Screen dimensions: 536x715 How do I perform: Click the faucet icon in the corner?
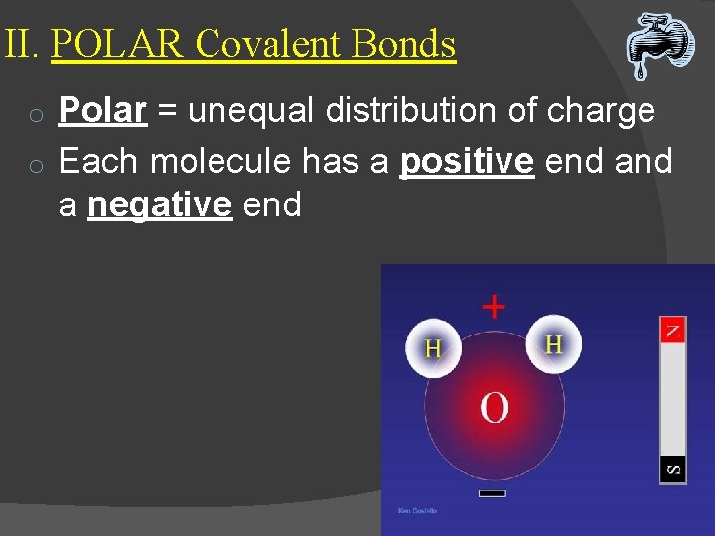(659, 45)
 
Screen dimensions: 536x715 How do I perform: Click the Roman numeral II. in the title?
(23, 45)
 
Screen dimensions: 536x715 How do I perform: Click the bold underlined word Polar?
(102, 111)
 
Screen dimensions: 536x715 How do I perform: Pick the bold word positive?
(466, 160)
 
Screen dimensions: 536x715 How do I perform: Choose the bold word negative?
(160, 205)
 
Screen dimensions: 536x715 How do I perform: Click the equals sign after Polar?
(167, 112)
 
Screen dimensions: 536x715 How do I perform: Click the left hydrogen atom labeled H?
(433, 348)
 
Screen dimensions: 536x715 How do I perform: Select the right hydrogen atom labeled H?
(553, 343)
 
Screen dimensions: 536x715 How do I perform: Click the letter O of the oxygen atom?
(494, 407)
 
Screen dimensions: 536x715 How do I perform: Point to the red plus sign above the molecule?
(493, 306)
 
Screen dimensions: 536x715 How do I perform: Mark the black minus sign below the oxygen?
(492, 492)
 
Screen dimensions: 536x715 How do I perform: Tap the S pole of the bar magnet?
(673, 468)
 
